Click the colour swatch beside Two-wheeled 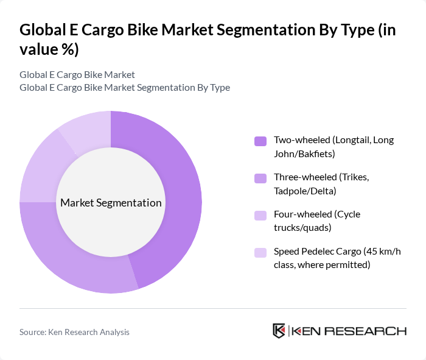pos(260,141)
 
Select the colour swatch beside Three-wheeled pos(260,178)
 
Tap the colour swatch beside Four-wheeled pos(260,215)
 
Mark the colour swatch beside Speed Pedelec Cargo pos(260,252)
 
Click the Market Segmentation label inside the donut pos(111,203)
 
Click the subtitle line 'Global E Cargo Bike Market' pos(77,74)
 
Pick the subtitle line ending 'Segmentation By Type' pos(125,87)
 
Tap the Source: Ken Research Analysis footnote pos(74,332)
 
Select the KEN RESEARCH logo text pos(349,331)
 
